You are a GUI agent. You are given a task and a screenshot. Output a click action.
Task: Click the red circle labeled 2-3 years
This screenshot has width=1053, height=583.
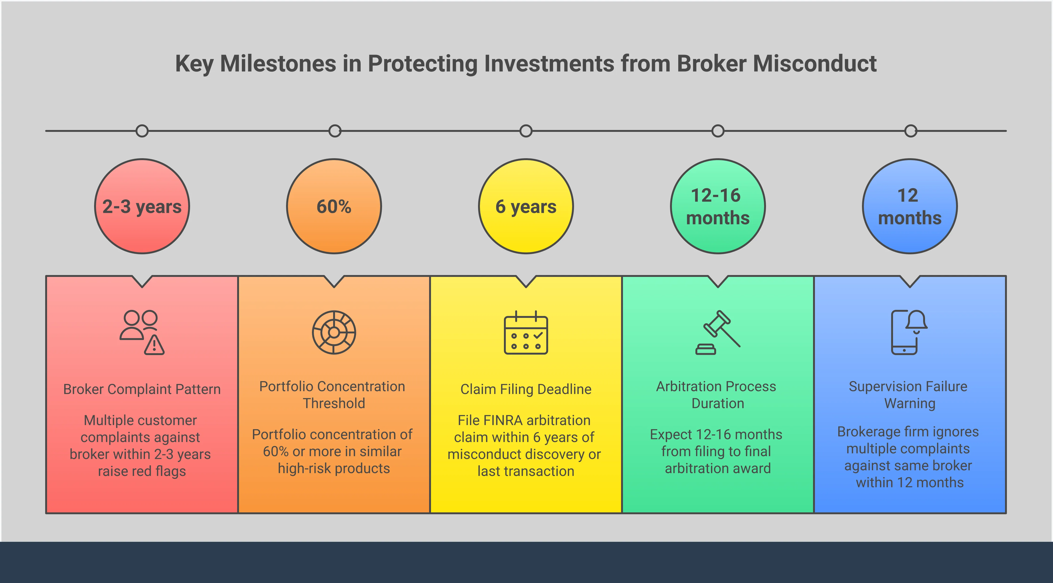click(x=142, y=206)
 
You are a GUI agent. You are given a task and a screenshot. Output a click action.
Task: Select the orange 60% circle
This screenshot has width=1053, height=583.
click(x=334, y=206)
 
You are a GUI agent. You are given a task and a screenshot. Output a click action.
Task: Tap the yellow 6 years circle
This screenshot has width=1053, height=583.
click(x=526, y=206)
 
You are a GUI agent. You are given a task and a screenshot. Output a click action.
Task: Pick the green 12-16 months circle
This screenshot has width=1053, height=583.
click(x=718, y=206)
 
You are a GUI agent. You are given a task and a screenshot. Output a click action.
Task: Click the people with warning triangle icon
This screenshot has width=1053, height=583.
click(x=142, y=332)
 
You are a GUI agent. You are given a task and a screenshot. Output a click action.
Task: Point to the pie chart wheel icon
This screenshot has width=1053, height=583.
click(x=334, y=332)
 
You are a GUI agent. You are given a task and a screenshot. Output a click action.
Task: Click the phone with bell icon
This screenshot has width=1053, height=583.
click(x=909, y=332)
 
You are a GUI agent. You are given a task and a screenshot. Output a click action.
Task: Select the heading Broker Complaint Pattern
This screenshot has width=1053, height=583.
click(x=142, y=389)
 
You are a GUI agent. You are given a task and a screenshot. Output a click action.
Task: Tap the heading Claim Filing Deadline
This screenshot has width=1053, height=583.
click(x=526, y=389)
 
